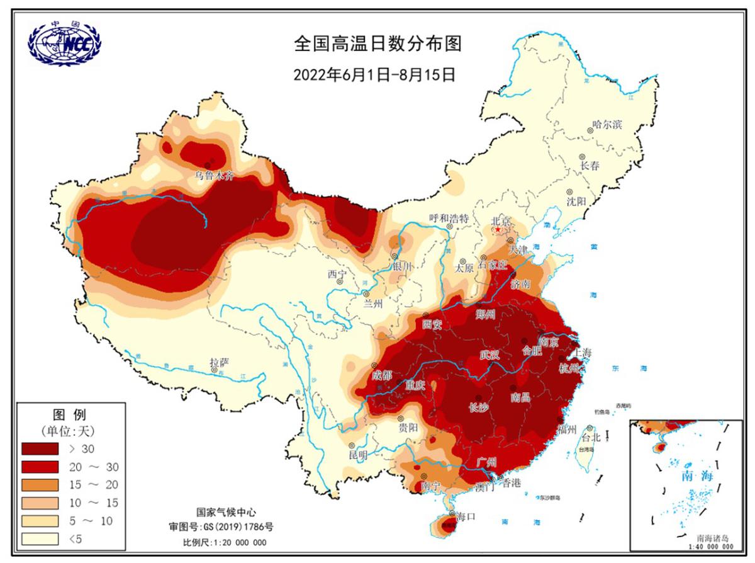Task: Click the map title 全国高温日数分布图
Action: (x=377, y=43)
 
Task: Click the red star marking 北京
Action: (x=498, y=230)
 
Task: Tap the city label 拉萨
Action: (x=219, y=362)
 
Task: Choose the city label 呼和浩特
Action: (x=449, y=218)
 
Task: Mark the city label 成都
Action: (x=381, y=375)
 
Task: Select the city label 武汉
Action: (x=489, y=355)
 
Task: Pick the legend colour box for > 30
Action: (x=40, y=448)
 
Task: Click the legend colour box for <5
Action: (x=40, y=539)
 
